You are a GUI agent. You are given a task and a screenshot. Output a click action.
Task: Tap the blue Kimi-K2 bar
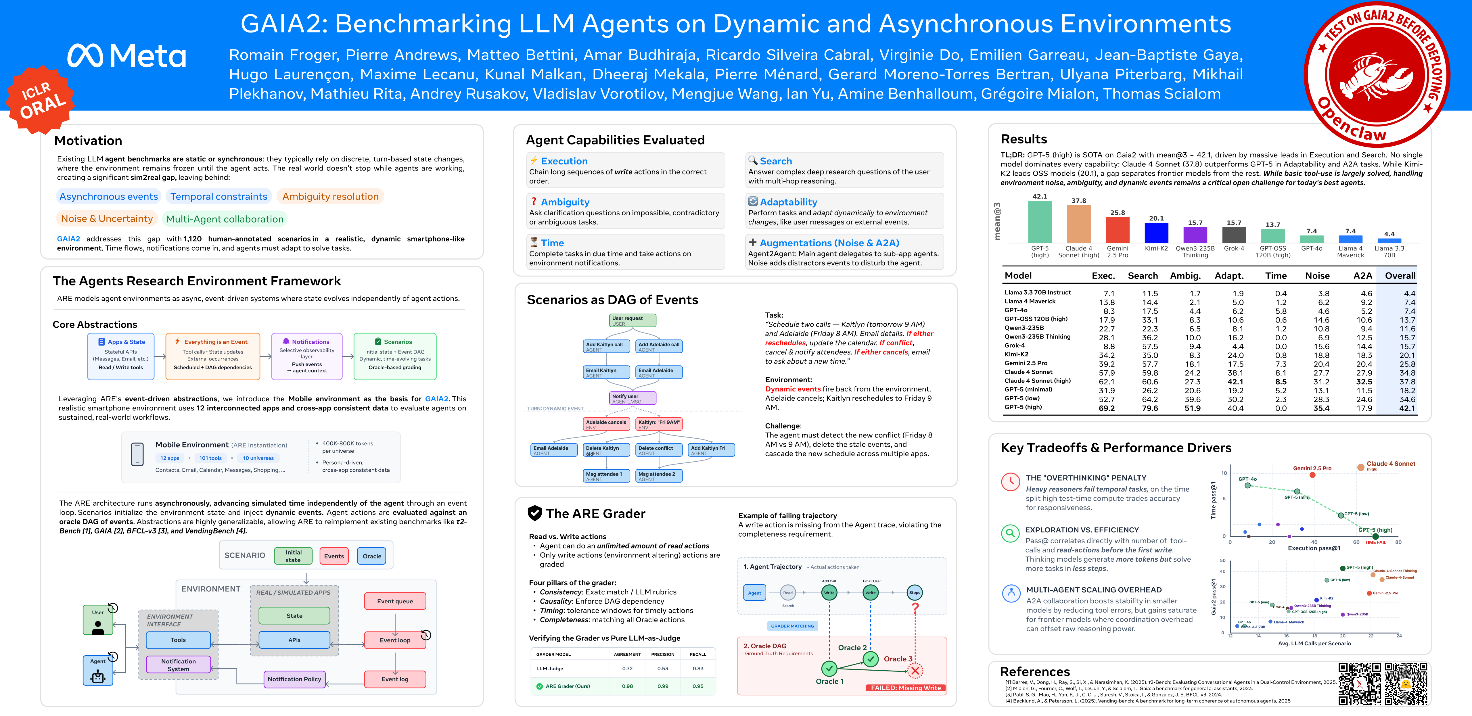1156,233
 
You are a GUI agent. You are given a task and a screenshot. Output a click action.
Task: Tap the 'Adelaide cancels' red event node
606,424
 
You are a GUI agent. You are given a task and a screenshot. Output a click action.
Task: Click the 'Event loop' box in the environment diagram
395,640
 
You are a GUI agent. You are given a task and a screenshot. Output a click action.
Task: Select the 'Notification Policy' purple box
294,679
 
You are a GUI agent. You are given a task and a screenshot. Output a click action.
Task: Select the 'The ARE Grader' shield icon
534,513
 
